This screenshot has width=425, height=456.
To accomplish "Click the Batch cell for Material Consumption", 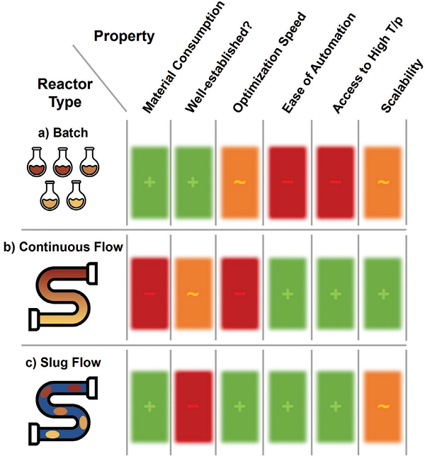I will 149,183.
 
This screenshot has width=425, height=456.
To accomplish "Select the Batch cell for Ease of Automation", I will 287,183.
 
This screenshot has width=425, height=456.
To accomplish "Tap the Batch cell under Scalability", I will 382,183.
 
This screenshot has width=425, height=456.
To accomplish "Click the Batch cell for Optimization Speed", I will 240,183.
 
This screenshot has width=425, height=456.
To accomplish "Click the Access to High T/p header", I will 361,60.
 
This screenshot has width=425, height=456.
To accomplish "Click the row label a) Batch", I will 62,132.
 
